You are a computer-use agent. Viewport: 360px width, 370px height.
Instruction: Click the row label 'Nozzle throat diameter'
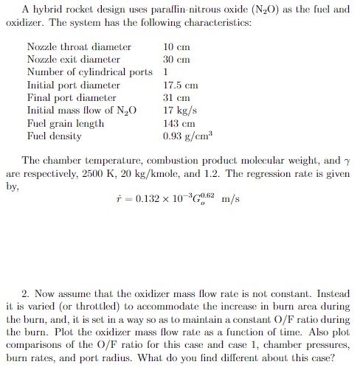click(78, 47)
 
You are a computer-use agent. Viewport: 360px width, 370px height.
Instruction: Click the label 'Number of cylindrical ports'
click(90, 72)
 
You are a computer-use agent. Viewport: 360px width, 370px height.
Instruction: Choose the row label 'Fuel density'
click(54, 136)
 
